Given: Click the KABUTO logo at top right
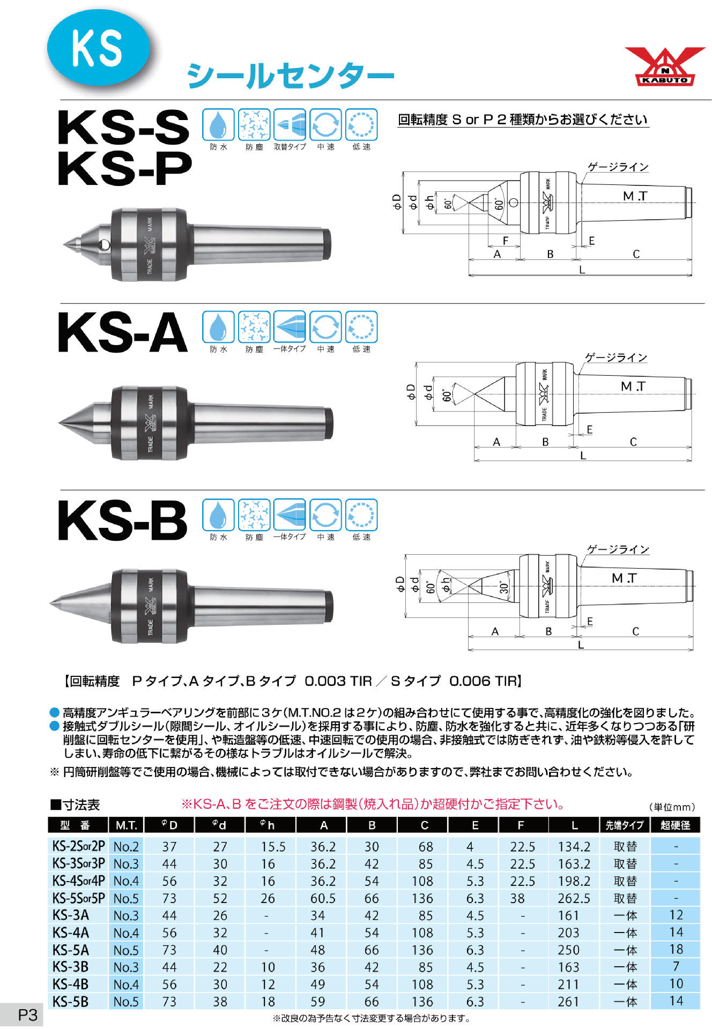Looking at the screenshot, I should [665, 66].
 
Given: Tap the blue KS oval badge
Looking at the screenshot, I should [98, 48].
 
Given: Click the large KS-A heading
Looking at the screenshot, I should [123, 333].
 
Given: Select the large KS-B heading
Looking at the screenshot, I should [123, 520].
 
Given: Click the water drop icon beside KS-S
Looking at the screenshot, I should [218, 125].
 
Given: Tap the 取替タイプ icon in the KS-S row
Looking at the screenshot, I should [290, 125].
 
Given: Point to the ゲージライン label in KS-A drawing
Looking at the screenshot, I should [615, 357].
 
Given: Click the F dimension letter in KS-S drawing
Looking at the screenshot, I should [505, 241].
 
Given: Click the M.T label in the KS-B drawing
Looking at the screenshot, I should [624, 578].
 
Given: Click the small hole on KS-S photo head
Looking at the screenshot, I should [103, 245].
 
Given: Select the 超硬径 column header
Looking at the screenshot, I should [675, 825].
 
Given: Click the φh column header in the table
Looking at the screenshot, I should [268, 825].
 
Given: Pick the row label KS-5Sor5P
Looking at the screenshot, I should [78, 898].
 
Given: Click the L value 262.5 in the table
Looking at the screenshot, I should [574, 898].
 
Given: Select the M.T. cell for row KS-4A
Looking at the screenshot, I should [126, 933].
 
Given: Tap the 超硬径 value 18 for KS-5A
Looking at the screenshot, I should [676, 950].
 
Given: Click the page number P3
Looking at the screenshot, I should [28, 1015].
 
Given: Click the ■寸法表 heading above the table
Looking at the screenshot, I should [75, 805].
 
